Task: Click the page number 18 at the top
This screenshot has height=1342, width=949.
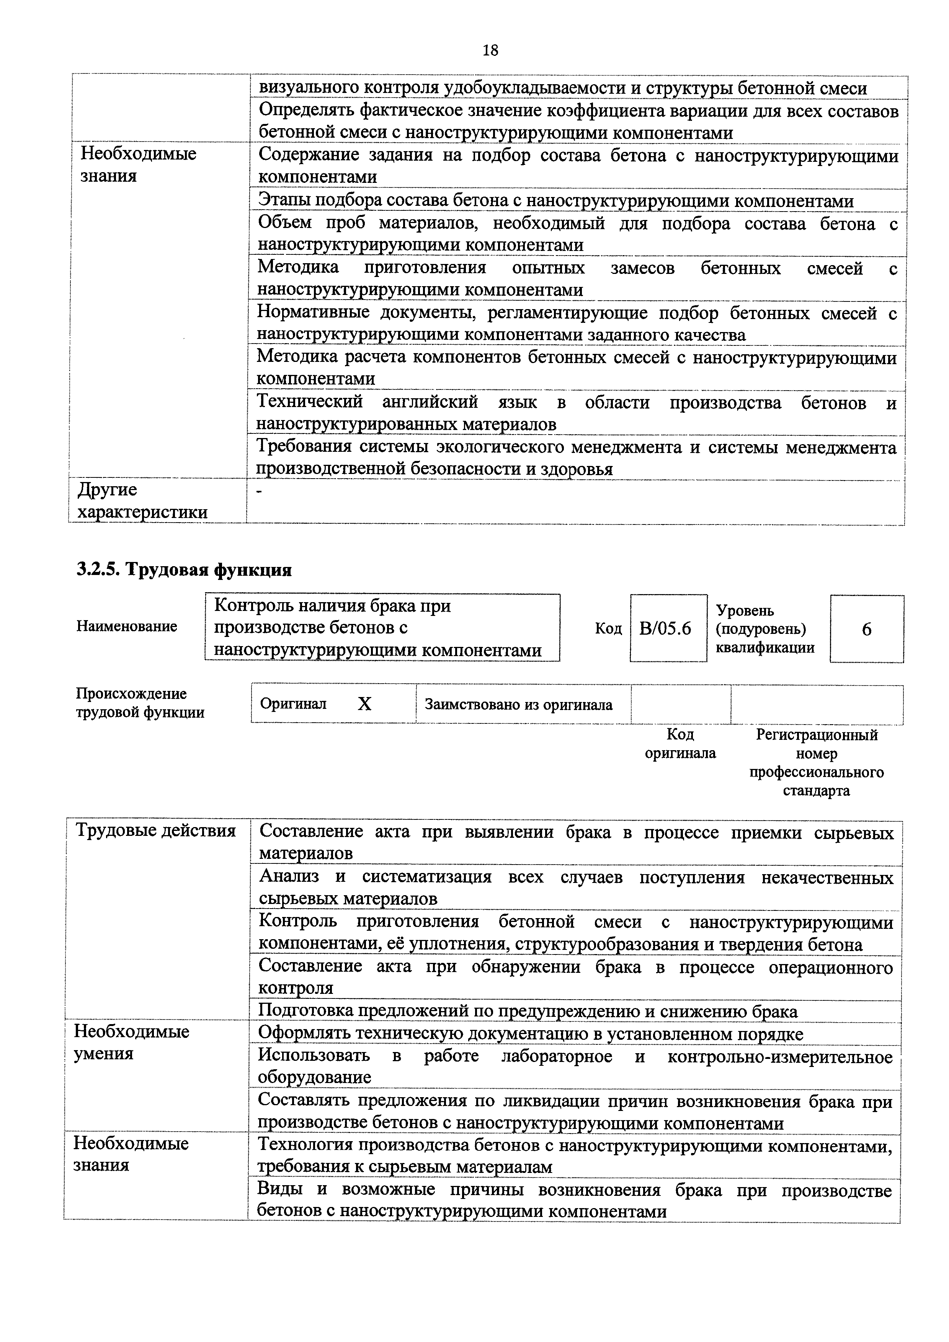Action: click(x=490, y=51)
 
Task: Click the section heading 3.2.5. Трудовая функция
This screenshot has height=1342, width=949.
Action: click(x=184, y=569)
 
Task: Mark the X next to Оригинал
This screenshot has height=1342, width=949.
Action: click(x=364, y=704)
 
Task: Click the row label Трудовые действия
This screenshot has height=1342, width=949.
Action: click(x=156, y=831)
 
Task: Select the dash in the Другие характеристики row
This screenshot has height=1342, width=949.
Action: click(x=260, y=492)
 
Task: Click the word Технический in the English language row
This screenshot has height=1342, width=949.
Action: click(x=310, y=402)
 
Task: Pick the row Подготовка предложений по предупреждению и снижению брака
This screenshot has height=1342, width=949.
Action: click(x=528, y=1011)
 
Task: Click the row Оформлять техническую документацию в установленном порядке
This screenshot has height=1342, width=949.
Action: click(x=530, y=1034)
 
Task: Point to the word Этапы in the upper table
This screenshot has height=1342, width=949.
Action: click(x=284, y=201)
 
